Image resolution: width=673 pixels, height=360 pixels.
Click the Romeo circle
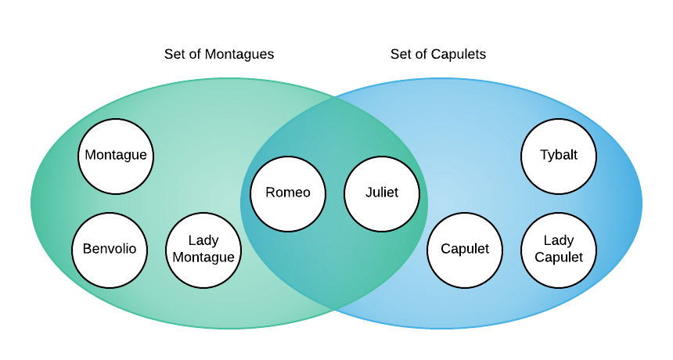coord(288,194)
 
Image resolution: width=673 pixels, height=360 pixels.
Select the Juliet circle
coord(382,194)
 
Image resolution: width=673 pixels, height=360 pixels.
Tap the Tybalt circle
coord(559,157)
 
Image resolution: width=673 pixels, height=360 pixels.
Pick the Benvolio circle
coord(110,250)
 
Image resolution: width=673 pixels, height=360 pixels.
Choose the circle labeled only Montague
coord(116,157)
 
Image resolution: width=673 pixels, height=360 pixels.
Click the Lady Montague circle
coord(203,250)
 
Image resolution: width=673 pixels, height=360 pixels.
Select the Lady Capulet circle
coord(559,250)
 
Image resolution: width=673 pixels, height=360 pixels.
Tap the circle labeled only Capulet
coord(465,250)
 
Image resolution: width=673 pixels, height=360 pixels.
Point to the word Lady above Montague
coord(203,241)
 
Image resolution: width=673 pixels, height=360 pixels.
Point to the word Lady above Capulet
coord(559,241)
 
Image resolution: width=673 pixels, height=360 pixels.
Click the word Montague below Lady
coord(203,257)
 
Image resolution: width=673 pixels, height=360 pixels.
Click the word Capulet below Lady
coord(559,257)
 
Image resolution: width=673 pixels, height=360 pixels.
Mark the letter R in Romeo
coord(270,193)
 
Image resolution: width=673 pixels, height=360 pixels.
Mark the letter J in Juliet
coord(369,193)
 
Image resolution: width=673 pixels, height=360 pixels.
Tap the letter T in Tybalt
coord(544,155)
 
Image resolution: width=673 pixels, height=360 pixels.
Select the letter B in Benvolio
coord(87,250)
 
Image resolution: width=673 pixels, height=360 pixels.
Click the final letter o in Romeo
coord(306,193)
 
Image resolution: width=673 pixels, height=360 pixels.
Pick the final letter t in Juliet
coord(396,193)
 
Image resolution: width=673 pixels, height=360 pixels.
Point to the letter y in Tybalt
coord(551,157)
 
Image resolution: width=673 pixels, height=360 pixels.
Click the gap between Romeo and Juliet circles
coord(335,194)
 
